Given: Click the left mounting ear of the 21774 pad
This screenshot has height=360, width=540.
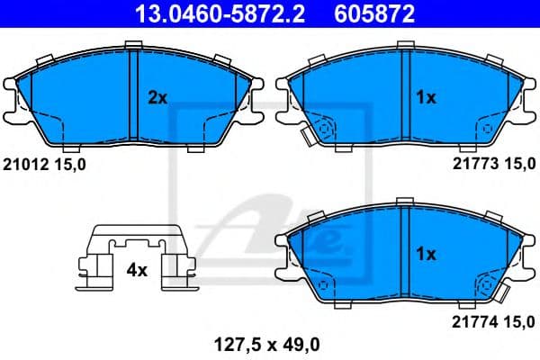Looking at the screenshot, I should pos(283,247).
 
